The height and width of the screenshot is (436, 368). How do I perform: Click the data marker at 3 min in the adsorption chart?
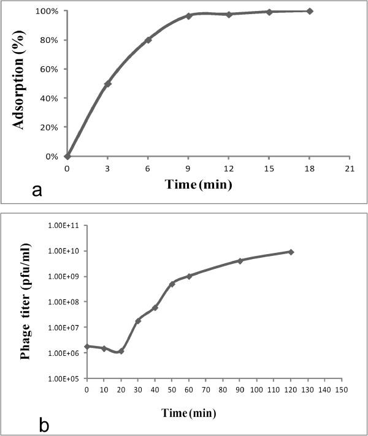pyautogui.click(x=108, y=83)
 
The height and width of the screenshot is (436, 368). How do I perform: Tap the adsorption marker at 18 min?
pyautogui.click(x=310, y=11)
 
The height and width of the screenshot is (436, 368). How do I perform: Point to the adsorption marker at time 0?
pyautogui.click(x=67, y=156)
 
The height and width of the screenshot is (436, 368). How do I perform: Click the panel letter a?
pyautogui.click(x=37, y=191)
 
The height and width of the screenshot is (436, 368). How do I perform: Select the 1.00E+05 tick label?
pyautogui.click(x=64, y=378)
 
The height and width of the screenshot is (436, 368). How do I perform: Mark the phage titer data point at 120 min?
pyautogui.click(x=291, y=252)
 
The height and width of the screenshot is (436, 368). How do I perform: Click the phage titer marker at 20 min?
pyautogui.click(x=121, y=351)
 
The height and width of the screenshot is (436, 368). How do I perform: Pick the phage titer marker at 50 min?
pyautogui.click(x=172, y=284)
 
